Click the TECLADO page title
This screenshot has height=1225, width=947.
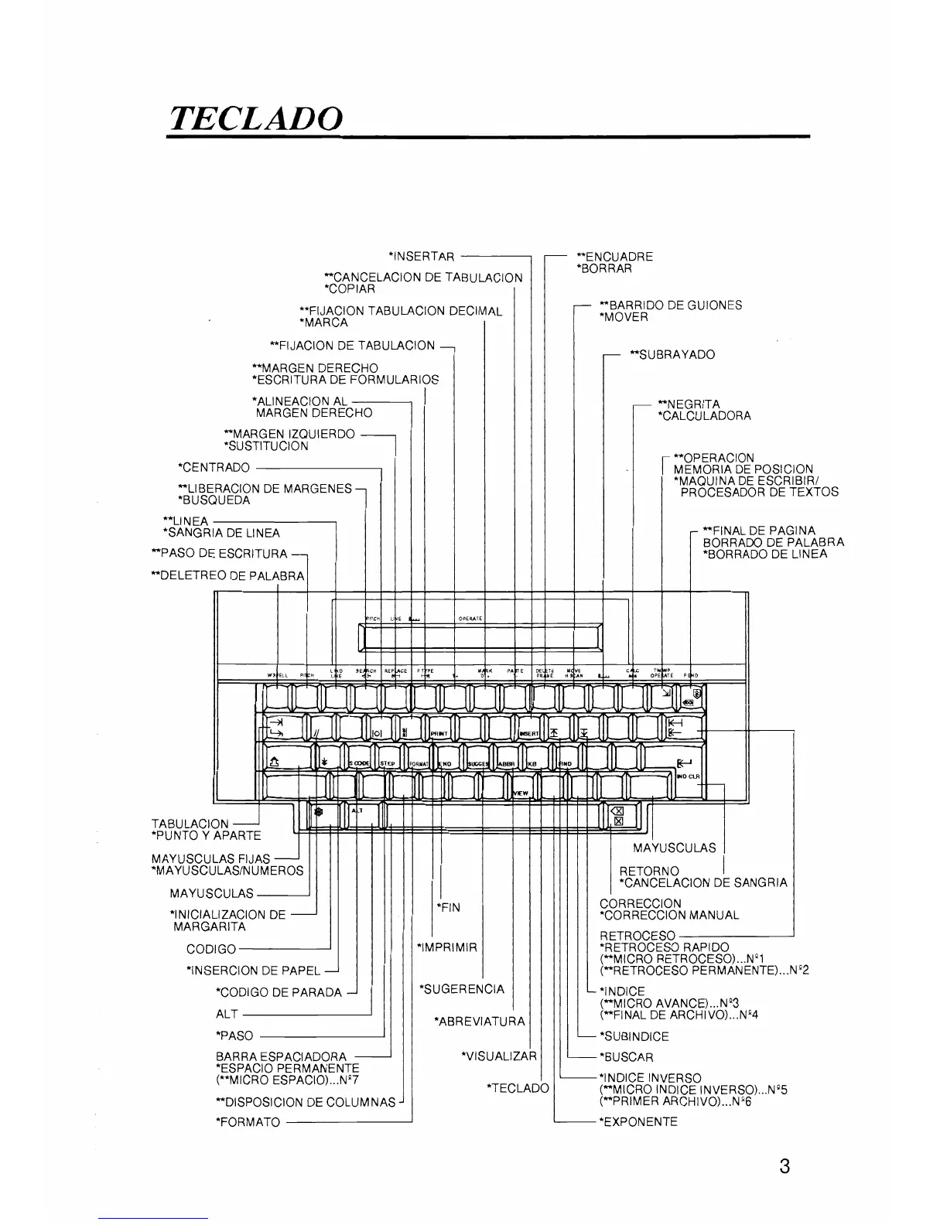click(255, 118)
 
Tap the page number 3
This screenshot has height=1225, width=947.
click(785, 1166)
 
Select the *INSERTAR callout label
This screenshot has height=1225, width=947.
click(422, 257)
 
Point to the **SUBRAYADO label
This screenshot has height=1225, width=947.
click(672, 355)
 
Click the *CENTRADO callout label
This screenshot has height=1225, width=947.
click(214, 468)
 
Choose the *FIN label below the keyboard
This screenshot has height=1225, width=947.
click(448, 907)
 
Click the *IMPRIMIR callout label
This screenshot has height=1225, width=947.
click(447, 947)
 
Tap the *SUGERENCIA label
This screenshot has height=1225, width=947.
click(461, 989)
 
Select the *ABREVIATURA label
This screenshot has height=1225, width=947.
click(480, 1022)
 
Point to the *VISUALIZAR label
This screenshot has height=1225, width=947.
click(498, 1056)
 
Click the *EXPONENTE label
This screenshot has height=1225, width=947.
click(638, 1121)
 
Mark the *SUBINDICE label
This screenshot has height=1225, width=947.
click(634, 1036)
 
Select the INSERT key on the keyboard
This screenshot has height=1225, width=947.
click(529, 732)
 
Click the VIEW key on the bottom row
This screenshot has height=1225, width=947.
click(521, 792)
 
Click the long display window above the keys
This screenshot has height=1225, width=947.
click(480, 636)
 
